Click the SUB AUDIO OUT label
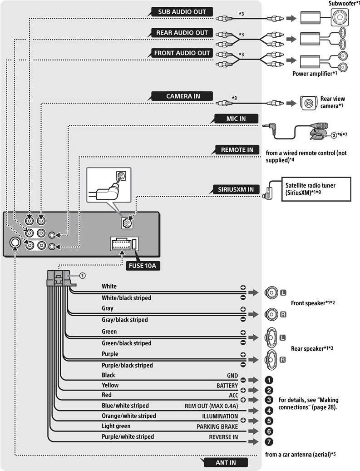point(182,12)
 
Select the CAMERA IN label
point(183,96)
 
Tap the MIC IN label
point(236,119)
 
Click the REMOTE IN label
point(237,150)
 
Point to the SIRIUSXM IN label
point(236,189)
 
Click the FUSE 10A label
point(142,266)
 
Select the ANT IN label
point(226,462)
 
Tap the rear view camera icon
point(309,103)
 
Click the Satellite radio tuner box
point(316,189)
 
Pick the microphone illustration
point(319,131)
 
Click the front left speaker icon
point(271,292)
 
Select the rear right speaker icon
point(271,360)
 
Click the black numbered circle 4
point(269,410)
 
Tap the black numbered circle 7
point(269,441)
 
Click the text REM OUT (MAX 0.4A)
point(211,406)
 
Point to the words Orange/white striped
point(129,416)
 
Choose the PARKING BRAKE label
point(217,426)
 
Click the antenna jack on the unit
point(15,243)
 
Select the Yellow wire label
point(110,385)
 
